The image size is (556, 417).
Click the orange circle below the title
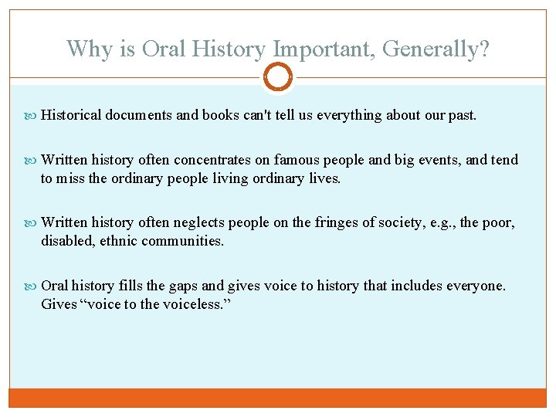[278, 76]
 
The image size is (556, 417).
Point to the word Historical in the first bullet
[71, 115]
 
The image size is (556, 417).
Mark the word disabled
[66, 241]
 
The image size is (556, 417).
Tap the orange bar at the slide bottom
[278, 397]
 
